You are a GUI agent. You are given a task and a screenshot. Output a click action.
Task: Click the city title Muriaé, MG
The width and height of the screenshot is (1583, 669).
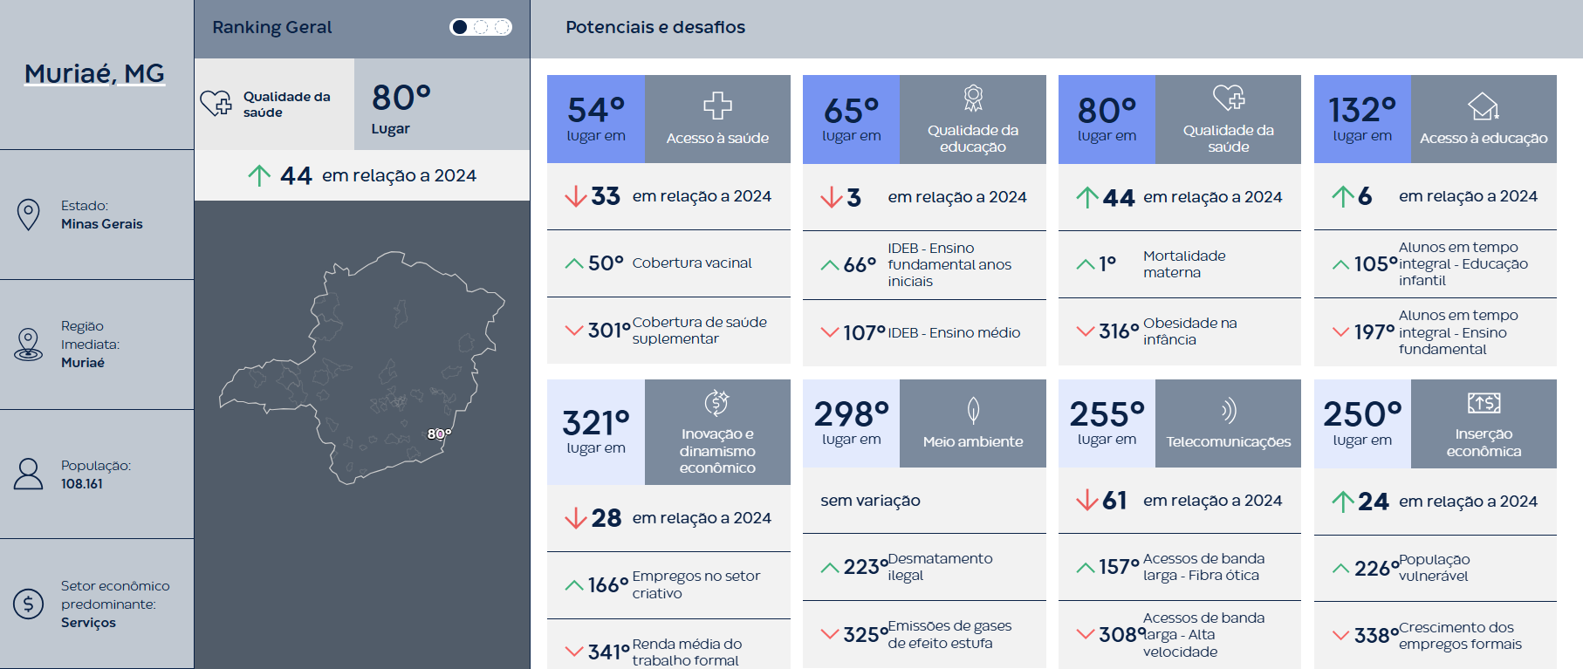pos(94,73)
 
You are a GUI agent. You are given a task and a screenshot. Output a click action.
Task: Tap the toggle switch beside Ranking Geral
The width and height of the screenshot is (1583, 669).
pos(480,27)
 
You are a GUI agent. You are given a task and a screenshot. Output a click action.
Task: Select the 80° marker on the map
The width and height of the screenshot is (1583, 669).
pos(439,433)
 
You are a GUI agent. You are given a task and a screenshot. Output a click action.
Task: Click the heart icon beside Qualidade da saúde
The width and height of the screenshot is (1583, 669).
pos(216,104)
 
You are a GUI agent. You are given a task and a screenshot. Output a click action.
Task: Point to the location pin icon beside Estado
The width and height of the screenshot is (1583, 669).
pos(29,215)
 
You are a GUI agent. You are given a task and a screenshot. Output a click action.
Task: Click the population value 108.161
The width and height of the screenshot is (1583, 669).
pos(82,484)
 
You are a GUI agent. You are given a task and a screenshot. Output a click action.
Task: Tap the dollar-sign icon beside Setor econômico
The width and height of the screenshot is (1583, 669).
pos(29,604)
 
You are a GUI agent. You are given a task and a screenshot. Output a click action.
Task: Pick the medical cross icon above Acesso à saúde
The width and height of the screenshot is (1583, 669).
pos(717,106)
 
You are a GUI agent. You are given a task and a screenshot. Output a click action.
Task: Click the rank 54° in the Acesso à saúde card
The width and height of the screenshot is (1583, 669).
pos(596,111)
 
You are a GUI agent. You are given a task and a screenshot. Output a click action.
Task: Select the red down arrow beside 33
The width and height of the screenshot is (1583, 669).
pos(575,196)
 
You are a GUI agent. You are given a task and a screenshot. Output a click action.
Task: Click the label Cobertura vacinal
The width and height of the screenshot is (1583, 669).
pos(692,263)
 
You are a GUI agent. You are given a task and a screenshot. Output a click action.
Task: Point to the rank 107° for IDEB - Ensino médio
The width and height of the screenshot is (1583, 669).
pos(864,332)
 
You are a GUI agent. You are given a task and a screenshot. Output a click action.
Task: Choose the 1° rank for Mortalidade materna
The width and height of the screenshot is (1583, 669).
pos(1107,263)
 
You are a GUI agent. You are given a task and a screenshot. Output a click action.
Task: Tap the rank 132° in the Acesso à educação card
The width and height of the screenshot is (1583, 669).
pos(1362,111)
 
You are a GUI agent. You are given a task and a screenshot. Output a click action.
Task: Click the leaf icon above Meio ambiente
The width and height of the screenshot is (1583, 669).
pos(973,410)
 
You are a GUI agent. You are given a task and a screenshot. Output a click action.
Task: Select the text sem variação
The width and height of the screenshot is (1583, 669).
pos(870,501)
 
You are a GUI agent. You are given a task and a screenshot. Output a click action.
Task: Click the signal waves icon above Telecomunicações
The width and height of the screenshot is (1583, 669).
pos(1229,410)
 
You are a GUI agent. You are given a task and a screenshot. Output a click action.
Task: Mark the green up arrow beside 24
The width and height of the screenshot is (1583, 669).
pos(1342,502)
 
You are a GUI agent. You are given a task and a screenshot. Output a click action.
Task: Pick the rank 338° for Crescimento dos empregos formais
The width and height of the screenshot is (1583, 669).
pos(1376,636)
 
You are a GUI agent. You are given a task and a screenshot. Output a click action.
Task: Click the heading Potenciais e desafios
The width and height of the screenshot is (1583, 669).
pos(655,27)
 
